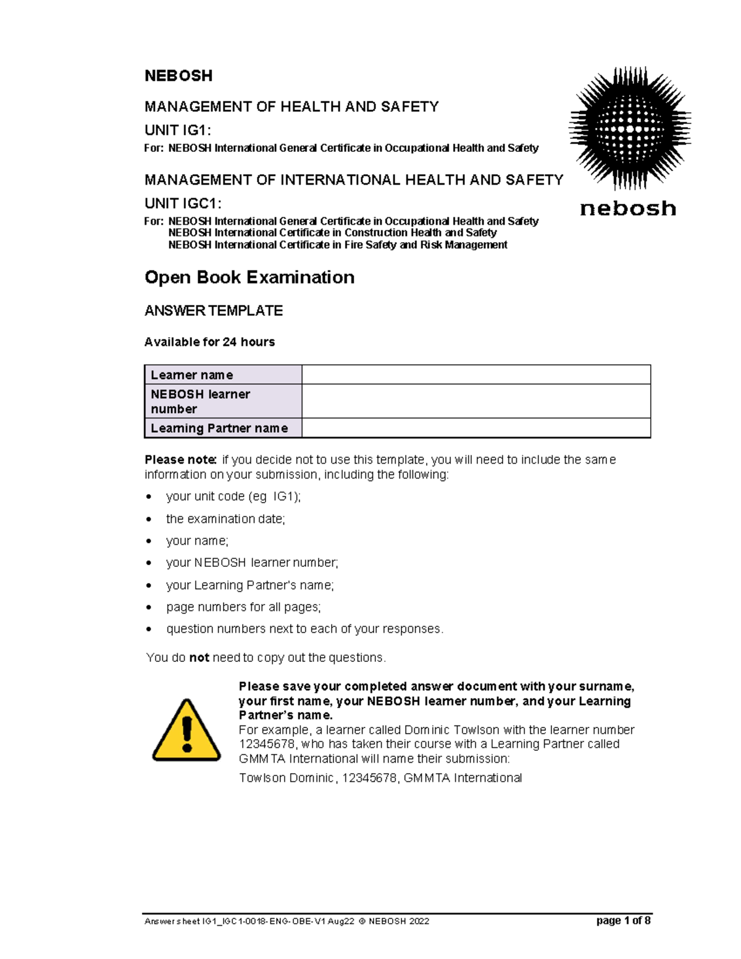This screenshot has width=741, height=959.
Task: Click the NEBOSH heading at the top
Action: (178, 76)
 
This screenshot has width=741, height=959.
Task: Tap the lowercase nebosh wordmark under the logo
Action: (628, 209)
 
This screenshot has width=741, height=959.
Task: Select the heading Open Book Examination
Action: (249, 277)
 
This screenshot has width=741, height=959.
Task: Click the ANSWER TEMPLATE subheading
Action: (213, 311)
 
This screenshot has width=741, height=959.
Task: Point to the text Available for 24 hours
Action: (209, 342)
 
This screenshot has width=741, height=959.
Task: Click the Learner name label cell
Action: (223, 375)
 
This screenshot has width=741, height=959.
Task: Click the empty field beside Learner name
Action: (475, 375)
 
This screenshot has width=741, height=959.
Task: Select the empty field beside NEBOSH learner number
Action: (475, 401)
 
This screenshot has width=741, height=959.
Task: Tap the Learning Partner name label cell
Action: (223, 428)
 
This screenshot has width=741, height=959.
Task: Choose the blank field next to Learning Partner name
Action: (475, 428)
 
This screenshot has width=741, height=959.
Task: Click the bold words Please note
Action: (180, 459)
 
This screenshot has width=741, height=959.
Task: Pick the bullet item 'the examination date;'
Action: (225, 519)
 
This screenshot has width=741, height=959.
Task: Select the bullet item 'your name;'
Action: (197, 541)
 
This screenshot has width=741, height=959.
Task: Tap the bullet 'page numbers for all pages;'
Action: (243, 607)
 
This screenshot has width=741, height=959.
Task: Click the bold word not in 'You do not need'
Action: (199, 658)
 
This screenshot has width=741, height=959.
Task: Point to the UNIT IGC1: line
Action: (183, 203)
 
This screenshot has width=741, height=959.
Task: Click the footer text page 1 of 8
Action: (623, 921)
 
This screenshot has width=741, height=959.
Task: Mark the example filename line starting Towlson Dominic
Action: (380, 778)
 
